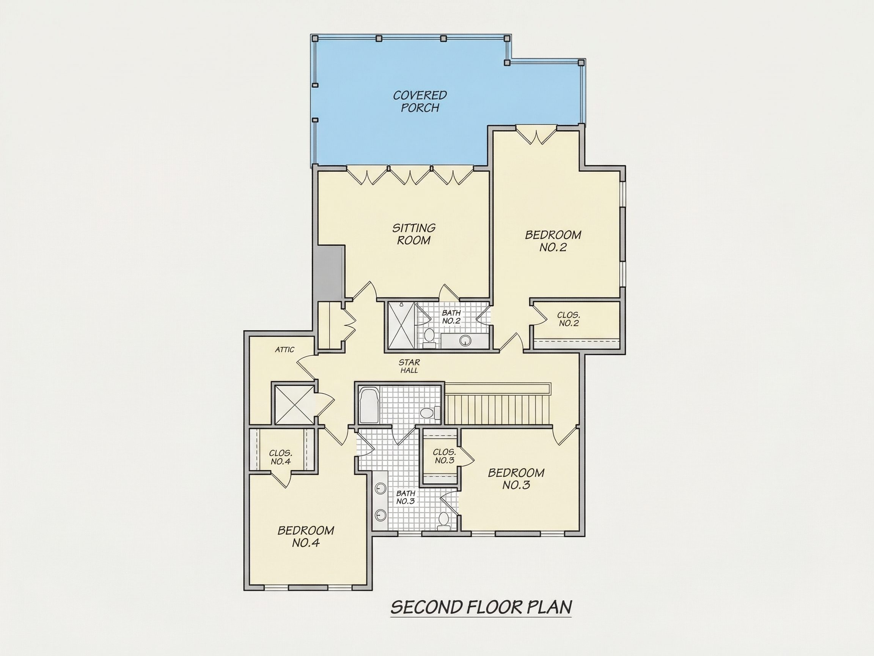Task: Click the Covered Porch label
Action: tap(420, 101)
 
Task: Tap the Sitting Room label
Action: tap(414, 234)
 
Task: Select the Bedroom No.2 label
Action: tap(553, 241)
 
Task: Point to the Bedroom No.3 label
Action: tap(516, 479)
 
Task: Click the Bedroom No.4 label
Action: tap(306, 536)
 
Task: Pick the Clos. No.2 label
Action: tap(569, 319)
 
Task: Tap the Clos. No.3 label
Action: tap(445, 456)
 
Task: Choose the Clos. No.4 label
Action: tap(281, 457)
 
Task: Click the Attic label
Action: tap(285, 350)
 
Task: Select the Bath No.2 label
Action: tap(451, 317)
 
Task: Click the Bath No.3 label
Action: tap(406, 497)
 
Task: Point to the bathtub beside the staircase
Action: tap(369, 406)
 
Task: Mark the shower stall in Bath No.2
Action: tap(402, 325)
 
